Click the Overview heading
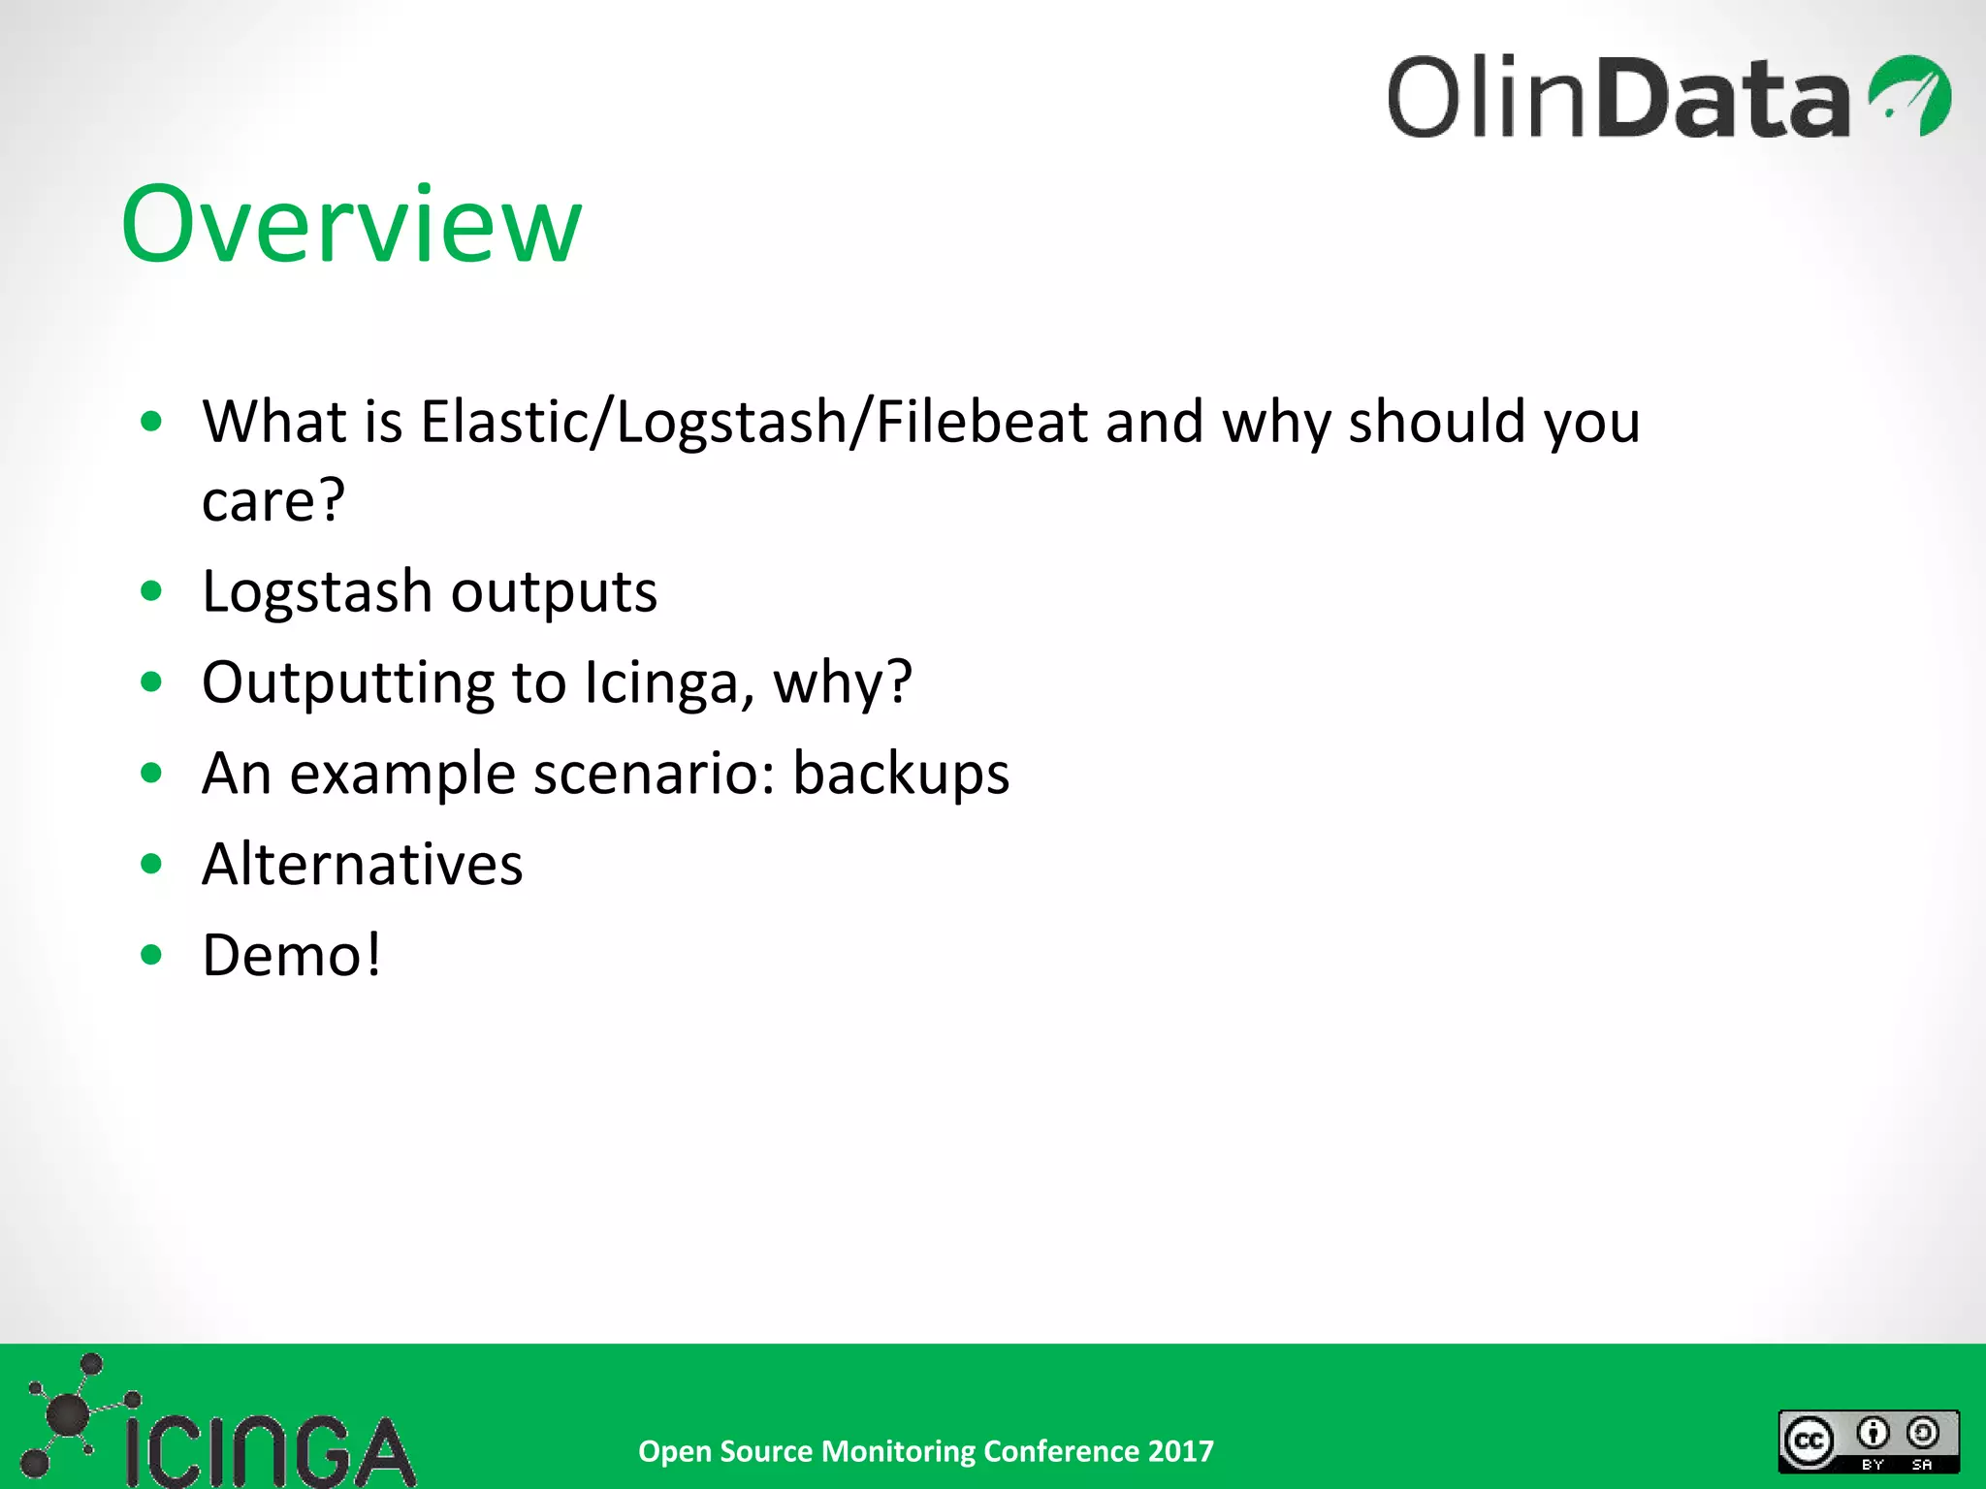pyautogui.click(x=351, y=225)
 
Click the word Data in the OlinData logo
pyautogui.click(x=1724, y=97)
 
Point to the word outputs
pyautogui.click(x=554, y=591)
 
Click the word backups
pyautogui.click(x=901, y=774)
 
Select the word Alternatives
pyautogui.click(x=362, y=865)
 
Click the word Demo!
pyautogui.click(x=292, y=956)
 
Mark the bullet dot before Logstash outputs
pyautogui.click(x=151, y=591)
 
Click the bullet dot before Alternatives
pyautogui.click(x=151, y=864)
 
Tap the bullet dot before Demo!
pyautogui.click(x=151, y=955)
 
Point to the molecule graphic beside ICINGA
pyautogui.click(x=68, y=1415)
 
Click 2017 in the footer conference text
pyautogui.click(x=1180, y=1451)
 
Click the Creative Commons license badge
pyautogui.click(x=1869, y=1441)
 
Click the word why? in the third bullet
pyautogui.click(x=842, y=682)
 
